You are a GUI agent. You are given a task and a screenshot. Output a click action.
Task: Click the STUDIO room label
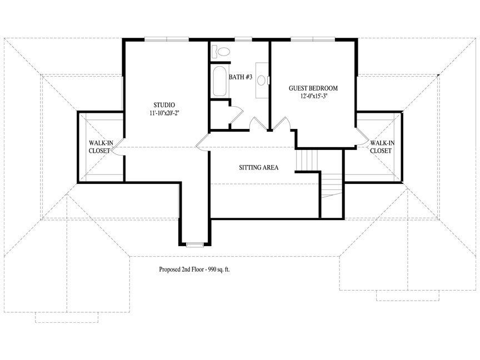164,105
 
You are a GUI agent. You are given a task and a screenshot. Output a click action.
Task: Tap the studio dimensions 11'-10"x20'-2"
164,113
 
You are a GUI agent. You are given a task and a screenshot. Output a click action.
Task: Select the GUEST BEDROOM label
313,88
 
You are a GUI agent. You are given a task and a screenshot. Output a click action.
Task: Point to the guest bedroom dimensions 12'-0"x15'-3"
313,96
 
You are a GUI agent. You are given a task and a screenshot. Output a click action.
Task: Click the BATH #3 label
241,77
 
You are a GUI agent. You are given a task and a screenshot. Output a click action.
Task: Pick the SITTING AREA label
259,167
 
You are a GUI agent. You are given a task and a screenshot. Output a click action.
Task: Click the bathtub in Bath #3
219,81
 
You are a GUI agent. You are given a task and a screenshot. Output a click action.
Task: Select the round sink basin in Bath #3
261,80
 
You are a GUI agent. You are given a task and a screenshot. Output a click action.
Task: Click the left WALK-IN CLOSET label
101,147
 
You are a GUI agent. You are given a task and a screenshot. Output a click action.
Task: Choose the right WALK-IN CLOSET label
382,147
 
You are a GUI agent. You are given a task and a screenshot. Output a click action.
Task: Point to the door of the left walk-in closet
118,147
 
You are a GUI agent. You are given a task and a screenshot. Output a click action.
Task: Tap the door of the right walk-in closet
362,137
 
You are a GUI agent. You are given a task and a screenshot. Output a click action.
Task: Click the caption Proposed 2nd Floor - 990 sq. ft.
194,269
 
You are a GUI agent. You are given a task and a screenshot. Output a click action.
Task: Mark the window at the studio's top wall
167,39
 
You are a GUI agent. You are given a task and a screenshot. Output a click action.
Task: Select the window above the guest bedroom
313,39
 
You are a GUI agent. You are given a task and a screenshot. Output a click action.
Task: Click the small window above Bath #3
243,39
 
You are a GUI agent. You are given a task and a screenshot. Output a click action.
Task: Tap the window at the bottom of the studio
195,244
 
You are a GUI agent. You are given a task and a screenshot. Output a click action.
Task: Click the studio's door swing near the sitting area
203,142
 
